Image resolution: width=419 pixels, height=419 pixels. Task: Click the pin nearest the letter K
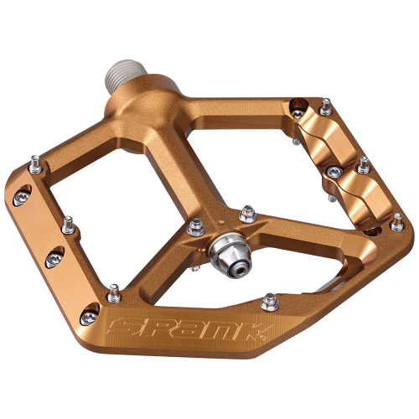[x=270, y=299]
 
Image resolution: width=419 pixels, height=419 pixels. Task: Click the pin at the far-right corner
[x=397, y=220]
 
